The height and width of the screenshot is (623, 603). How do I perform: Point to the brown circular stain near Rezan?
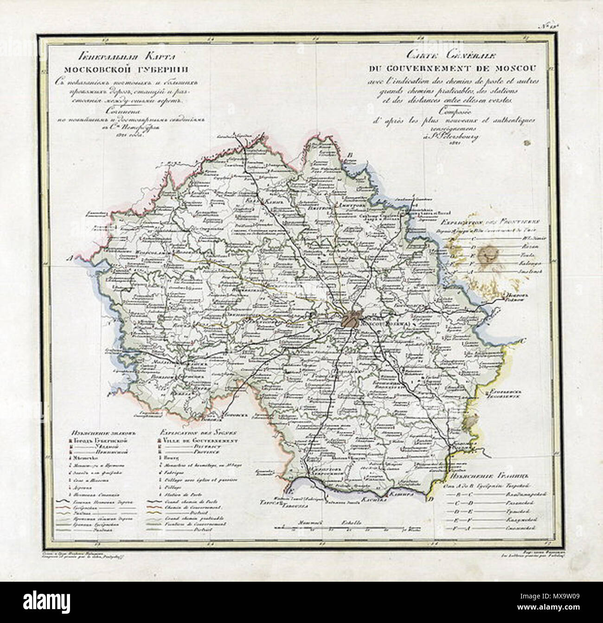(x=488, y=253)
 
